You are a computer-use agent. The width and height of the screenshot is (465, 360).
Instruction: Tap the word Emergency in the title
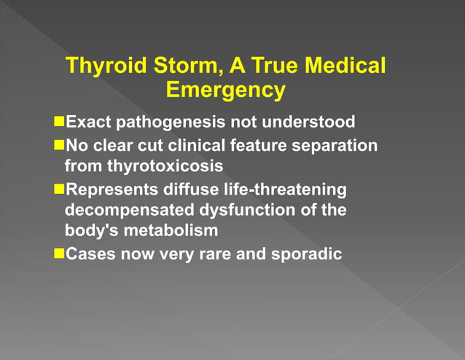tap(225, 90)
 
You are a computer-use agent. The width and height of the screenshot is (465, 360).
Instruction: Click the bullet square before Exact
tap(59, 121)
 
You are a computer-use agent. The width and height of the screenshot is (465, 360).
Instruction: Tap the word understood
tap(313, 121)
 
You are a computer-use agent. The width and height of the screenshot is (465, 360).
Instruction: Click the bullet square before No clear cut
tap(59, 145)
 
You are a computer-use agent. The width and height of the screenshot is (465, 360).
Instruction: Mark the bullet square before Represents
tap(59, 189)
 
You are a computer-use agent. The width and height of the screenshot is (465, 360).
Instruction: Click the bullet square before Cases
tap(59, 255)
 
